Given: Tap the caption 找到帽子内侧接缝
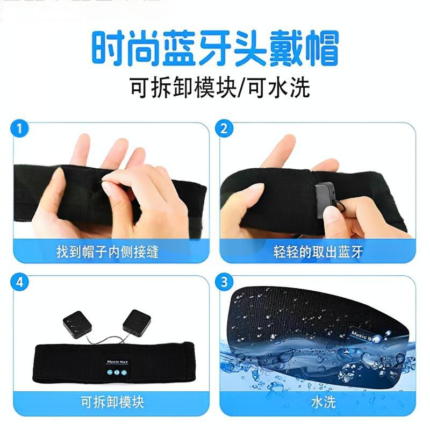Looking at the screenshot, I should tap(107, 251).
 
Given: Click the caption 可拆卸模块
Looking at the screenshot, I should tap(108, 402).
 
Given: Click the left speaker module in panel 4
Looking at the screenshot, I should tap(76, 322).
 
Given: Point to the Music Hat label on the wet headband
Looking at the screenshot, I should tap(365, 335).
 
